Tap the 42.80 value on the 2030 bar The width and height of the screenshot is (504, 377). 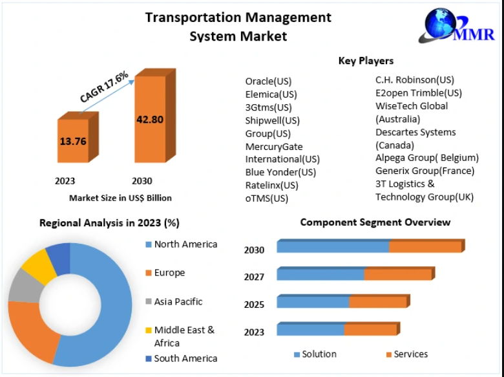[x=149, y=119]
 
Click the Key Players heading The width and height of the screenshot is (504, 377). [x=366, y=61]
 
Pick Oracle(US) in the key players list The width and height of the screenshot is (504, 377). [x=268, y=81]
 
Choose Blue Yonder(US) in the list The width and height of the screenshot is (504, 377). [x=280, y=172]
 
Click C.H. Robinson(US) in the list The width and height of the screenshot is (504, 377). [x=415, y=80]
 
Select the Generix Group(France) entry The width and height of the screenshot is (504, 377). [x=425, y=171]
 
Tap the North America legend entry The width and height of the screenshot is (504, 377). [x=185, y=244]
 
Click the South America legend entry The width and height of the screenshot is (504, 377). [x=185, y=358]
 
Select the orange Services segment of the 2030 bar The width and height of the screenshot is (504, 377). [x=425, y=246]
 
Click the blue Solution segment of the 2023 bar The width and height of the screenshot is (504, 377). [x=310, y=330]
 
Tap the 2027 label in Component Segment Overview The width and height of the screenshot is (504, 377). [x=254, y=277]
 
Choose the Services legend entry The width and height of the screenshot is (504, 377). [x=410, y=354]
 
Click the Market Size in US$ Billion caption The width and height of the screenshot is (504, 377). [x=121, y=198]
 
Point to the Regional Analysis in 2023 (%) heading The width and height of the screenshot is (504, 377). [x=110, y=223]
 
